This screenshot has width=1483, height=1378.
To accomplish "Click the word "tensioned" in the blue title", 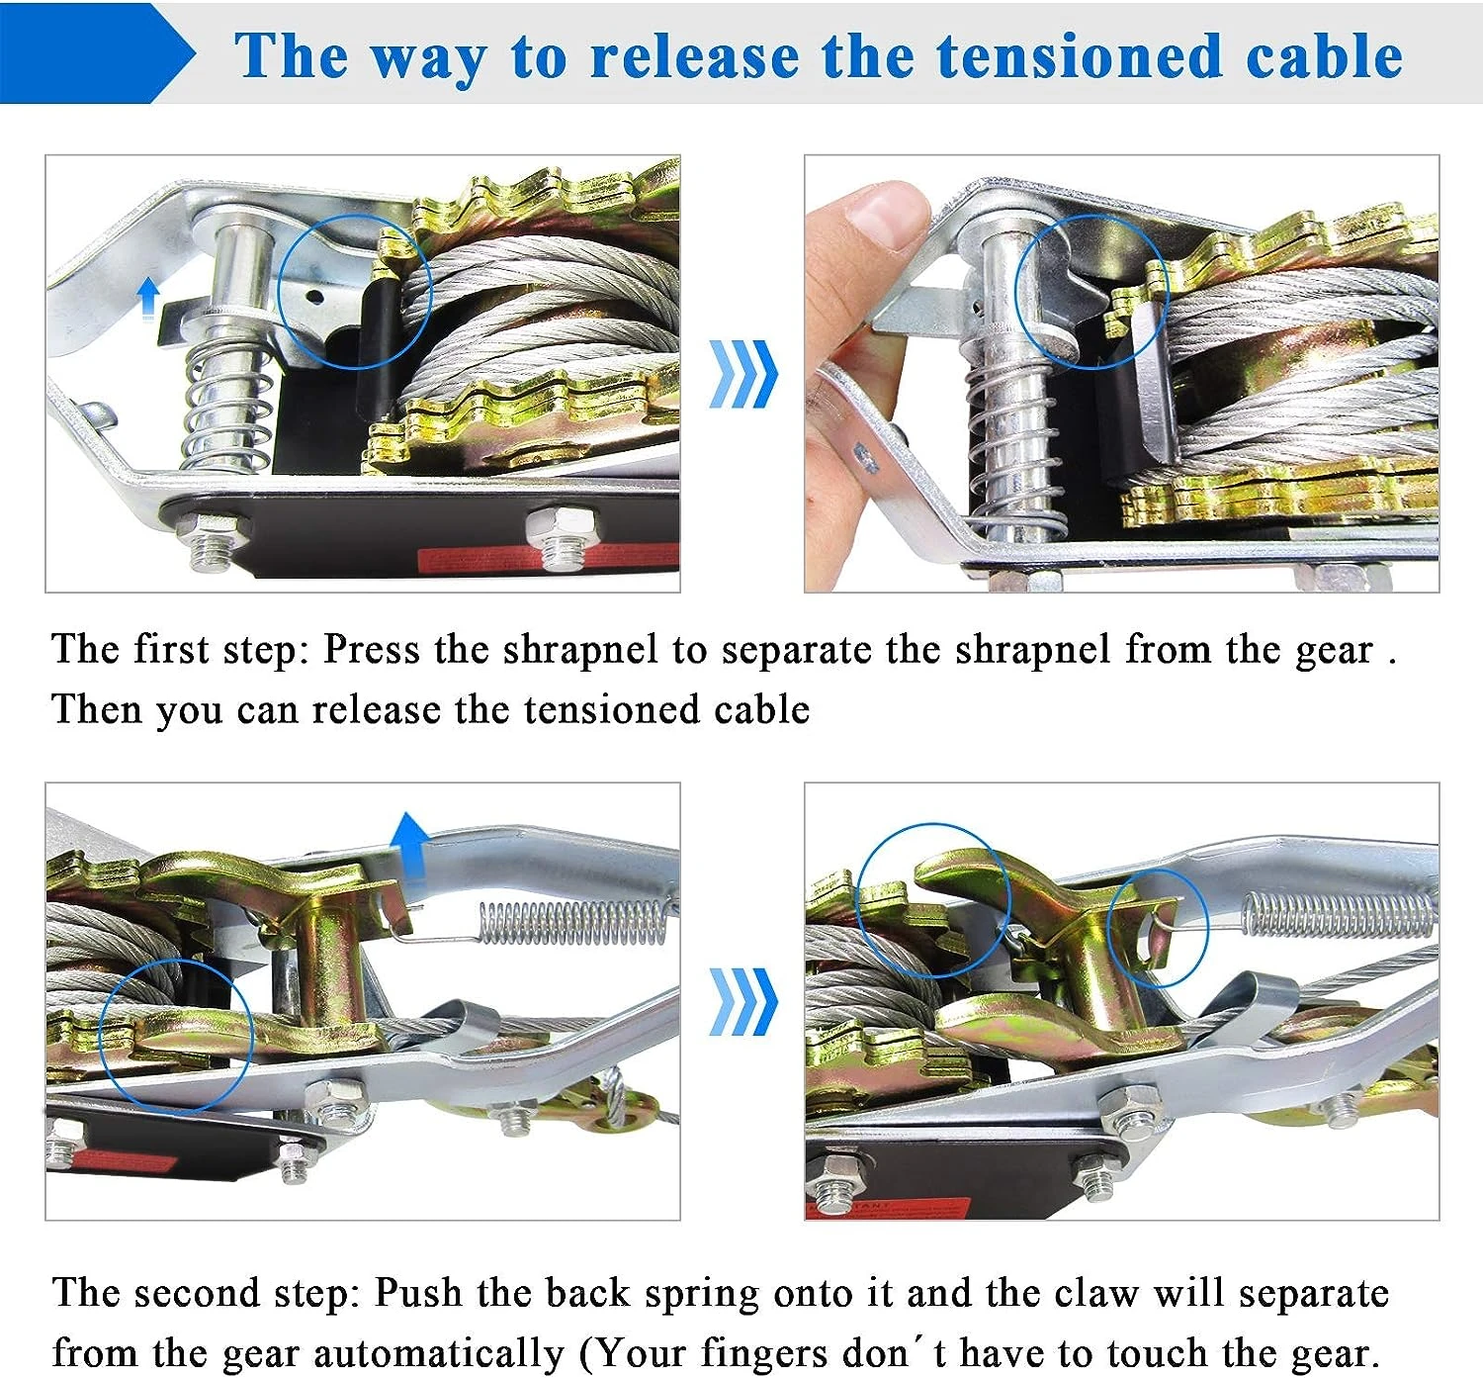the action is (1080, 56).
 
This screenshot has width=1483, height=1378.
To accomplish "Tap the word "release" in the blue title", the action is (694, 57).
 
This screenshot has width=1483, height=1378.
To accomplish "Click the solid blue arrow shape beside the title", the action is (97, 52).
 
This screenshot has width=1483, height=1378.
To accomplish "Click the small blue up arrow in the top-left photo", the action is (149, 298).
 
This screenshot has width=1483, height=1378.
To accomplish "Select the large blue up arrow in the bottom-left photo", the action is (410, 845).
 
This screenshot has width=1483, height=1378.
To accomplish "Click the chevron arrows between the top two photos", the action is (743, 374).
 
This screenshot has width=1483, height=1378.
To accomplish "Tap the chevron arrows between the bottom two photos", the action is (743, 1002).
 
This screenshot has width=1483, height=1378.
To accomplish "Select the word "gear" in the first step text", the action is (1335, 650).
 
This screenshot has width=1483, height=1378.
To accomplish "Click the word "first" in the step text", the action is (171, 649).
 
